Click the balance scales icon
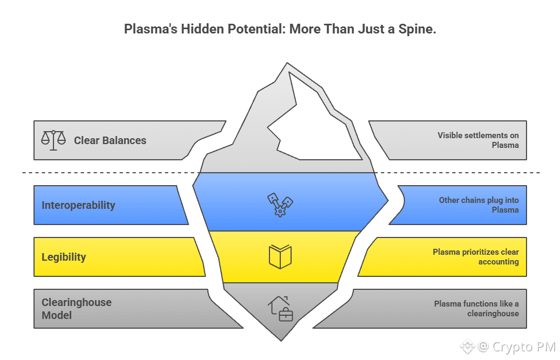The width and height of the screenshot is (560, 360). coord(53,139)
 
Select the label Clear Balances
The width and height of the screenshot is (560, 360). coord(110,140)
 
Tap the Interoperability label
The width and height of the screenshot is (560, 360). coord(78,205)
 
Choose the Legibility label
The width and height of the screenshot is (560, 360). coord(64,257)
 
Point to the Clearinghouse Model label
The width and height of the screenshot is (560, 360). coord(76,309)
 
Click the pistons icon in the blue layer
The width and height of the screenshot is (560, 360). coord(280,205)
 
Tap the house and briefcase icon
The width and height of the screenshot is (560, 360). coord(280,309)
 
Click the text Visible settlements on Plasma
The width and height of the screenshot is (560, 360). coord(478,140)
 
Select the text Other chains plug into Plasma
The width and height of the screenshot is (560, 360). coord(478,205)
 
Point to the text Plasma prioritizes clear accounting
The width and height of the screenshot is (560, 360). coord(476,257)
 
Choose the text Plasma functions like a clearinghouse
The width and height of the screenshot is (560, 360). coord(476,309)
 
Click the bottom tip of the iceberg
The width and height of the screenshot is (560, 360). coord(281,338)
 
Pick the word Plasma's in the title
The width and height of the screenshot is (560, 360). coord(144,29)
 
